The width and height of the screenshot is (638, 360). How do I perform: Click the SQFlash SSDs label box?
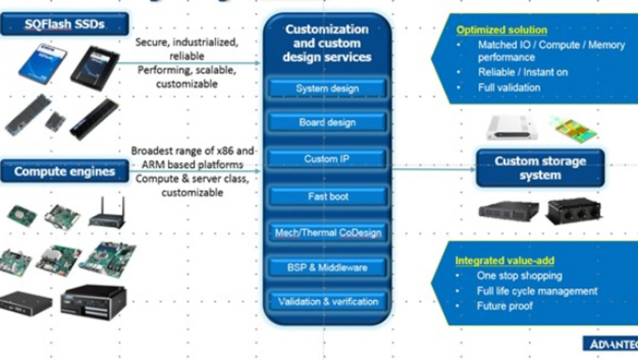pyautogui.click(x=64, y=24)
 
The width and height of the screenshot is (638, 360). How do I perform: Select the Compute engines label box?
pyautogui.click(x=64, y=172)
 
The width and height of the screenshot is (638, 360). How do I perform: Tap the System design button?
pyautogui.click(x=327, y=89)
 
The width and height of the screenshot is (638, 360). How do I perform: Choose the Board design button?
pyautogui.click(x=327, y=123)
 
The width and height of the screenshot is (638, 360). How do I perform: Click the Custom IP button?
pyautogui.click(x=327, y=159)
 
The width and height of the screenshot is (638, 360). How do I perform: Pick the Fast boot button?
pyautogui.click(x=327, y=196)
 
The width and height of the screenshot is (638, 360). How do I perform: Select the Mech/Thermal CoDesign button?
pyautogui.click(x=327, y=233)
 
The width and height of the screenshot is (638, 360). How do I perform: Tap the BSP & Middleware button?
pyautogui.click(x=327, y=268)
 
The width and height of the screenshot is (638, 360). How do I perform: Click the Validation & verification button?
pyautogui.click(x=327, y=302)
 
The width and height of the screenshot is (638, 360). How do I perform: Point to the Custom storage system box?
pyautogui.click(x=540, y=169)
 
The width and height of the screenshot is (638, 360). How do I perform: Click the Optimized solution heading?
pyautogui.click(x=501, y=30)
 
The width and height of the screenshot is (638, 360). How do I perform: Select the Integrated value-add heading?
pyautogui.click(x=504, y=261)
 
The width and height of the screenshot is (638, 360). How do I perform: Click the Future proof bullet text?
pyautogui.click(x=504, y=306)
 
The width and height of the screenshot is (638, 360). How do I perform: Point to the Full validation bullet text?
pyautogui.click(x=509, y=88)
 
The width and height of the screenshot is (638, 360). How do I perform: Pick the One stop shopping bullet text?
pyautogui.click(x=519, y=276)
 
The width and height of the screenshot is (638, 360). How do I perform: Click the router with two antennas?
pyautogui.click(x=107, y=214)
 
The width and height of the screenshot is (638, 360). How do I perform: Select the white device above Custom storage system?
pyautogui.click(x=512, y=128)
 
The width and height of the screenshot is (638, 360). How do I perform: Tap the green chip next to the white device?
pyautogui.click(x=576, y=129)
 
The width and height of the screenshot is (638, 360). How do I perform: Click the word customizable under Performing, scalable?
pyautogui.click(x=187, y=84)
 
